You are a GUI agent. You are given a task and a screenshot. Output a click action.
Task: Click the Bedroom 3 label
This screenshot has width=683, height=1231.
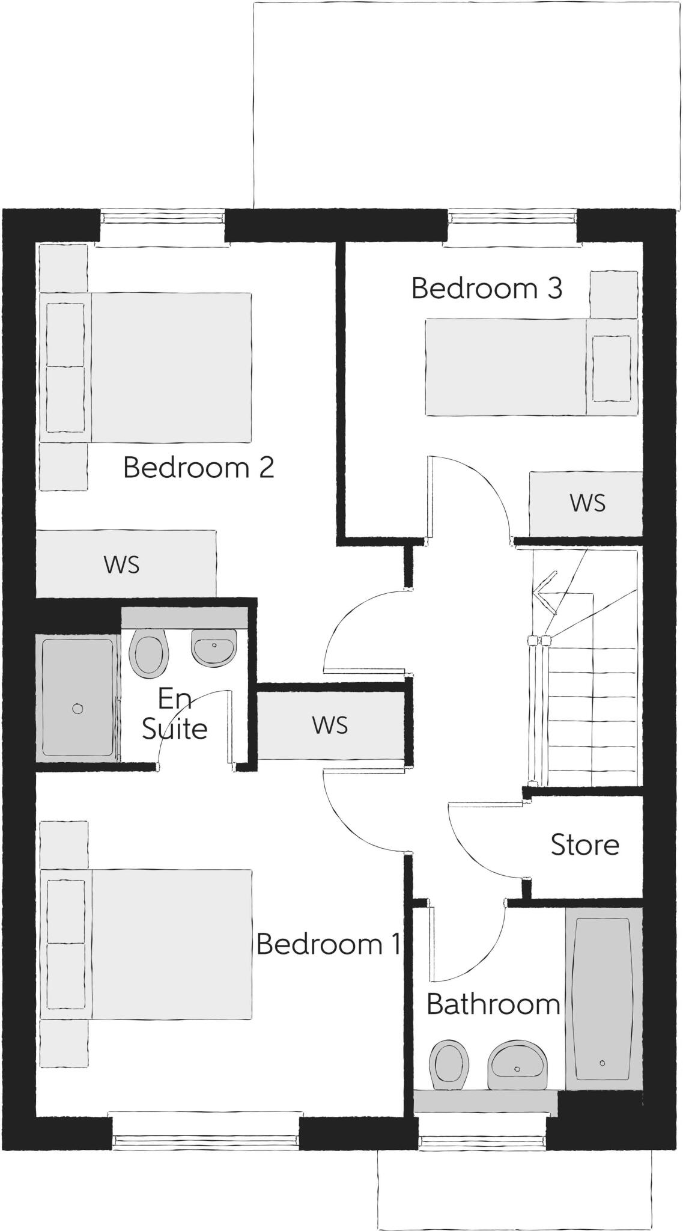(x=487, y=289)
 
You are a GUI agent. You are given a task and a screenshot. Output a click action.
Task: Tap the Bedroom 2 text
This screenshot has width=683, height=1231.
(x=198, y=468)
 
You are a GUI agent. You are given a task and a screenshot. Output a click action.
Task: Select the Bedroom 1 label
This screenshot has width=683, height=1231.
(x=328, y=944)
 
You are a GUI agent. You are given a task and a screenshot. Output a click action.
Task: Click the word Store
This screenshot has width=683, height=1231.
(x=584, y=845)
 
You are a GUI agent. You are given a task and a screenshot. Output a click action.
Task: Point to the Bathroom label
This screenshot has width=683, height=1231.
(x=493, y=1004)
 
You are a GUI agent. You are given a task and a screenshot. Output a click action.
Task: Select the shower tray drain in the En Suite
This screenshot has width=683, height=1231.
(x=77, y=709)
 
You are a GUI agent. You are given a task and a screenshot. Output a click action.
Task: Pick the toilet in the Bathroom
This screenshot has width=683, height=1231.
(x=449, y=1065)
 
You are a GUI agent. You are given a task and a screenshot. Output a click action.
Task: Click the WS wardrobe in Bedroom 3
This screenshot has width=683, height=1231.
(x=586, y=504)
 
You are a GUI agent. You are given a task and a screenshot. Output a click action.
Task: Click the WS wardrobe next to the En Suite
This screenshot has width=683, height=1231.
(x=330, y=725)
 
